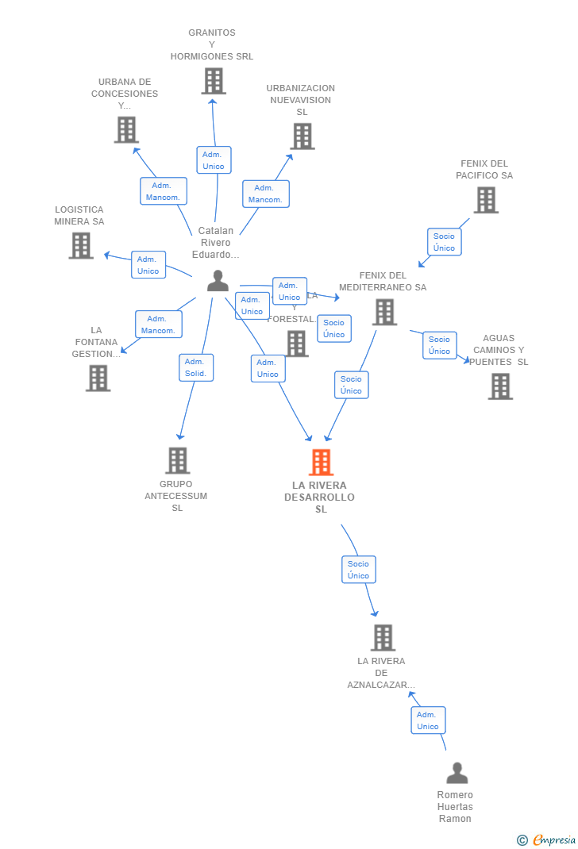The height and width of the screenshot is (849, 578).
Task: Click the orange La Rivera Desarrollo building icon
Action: [321, 462]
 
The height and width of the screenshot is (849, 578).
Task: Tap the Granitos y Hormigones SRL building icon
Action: [213, 81]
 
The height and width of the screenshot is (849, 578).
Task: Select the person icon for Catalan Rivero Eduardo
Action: [218, 281]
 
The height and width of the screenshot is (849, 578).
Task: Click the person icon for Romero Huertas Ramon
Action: [457, 773]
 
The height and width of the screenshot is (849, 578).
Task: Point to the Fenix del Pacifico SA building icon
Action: [486, 200]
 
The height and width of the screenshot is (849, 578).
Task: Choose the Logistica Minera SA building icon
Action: [80, 245]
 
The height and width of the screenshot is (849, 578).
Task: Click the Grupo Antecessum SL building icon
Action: [177, 460]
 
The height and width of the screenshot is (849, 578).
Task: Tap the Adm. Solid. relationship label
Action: [195, 367]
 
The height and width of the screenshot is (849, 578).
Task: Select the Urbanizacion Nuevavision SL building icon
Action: [302, 136]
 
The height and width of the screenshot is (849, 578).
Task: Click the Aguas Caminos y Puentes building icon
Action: [499, 386]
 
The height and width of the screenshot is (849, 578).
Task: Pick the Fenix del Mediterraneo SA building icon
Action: [384, 312]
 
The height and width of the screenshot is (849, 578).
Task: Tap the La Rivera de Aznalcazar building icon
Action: [383, 637]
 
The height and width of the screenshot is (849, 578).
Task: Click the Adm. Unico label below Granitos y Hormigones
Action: [214, 160]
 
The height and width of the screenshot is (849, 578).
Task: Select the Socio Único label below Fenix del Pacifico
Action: [444, 242]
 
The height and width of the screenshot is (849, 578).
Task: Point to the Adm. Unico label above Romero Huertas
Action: [428, 720]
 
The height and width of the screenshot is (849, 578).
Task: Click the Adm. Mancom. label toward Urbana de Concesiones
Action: [164, 191]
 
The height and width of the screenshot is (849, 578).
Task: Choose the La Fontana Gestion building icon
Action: [98, 378]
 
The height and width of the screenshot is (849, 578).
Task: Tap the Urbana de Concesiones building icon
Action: [126, 129]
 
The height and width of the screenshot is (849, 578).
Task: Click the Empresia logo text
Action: [553, 839]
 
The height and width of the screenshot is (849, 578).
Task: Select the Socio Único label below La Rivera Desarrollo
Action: [358, 570]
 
